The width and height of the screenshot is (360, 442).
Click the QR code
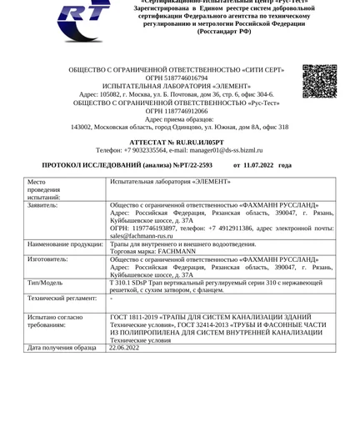[x=319, y=81]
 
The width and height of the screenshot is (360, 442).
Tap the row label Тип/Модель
[x=47, y=284]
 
